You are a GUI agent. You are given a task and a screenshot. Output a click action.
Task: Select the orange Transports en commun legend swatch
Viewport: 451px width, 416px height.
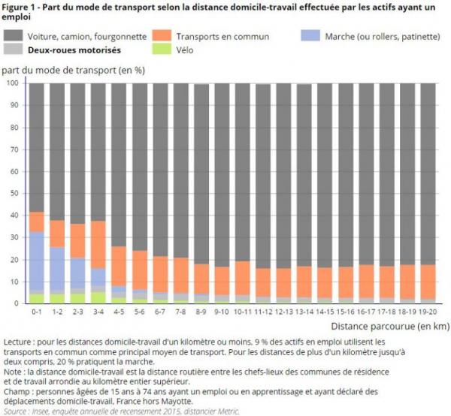[x=163, y=35]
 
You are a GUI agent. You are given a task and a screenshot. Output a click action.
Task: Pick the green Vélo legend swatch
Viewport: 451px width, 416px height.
[x=163, y=50]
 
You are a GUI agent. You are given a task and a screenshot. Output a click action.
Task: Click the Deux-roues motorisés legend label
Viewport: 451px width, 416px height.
[x=72, y=50]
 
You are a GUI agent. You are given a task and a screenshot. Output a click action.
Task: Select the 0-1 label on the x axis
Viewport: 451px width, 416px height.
[x=37, y=310]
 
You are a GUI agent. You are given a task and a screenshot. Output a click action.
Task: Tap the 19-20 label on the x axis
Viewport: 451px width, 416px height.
[x=428, y=310]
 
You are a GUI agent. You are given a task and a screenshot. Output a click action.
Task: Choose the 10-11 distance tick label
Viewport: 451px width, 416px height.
[x=243, y=310]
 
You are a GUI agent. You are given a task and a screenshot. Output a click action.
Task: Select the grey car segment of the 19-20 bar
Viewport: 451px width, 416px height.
[x=428, y=173]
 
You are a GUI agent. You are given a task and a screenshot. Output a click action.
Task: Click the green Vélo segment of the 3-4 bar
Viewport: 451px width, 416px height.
[x=98, y=298]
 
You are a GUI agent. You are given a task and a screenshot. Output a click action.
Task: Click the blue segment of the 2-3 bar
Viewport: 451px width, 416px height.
[x=78, y=273]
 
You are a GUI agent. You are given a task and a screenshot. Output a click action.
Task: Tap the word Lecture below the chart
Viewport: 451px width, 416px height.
[x=20, y=342]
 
